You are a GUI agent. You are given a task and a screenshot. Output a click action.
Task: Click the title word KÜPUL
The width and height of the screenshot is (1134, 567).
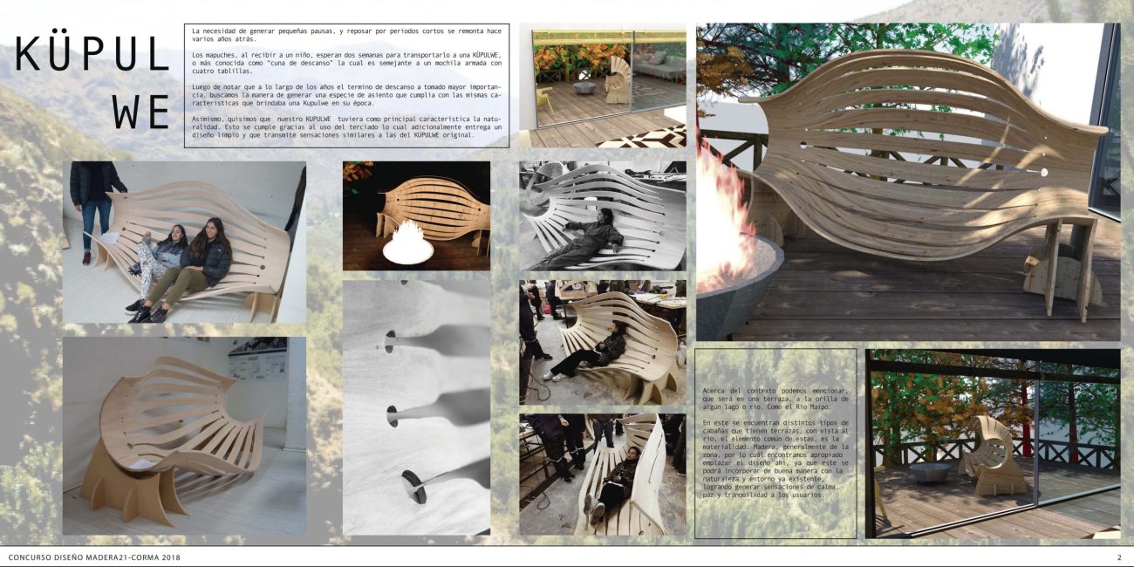pyautogui.click(x=92, y=54)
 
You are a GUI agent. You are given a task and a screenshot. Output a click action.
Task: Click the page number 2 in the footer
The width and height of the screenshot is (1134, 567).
pyautogui.click(x=1119, y=557)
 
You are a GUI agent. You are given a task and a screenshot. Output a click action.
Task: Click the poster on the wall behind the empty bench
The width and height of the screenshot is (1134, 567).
pyautogui.click(x=257, y=361)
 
